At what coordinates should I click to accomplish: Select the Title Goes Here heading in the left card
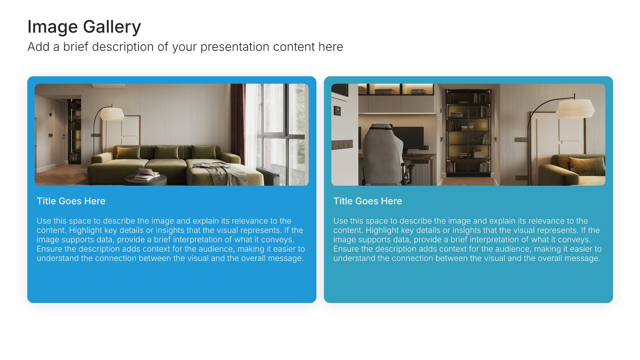pos(71,201)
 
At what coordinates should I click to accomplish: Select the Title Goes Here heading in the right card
pos(368,201)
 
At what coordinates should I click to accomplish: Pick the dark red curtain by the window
pos(238,123)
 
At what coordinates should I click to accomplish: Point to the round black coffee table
pos(146,180)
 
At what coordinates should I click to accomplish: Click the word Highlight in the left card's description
pos(86,230)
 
